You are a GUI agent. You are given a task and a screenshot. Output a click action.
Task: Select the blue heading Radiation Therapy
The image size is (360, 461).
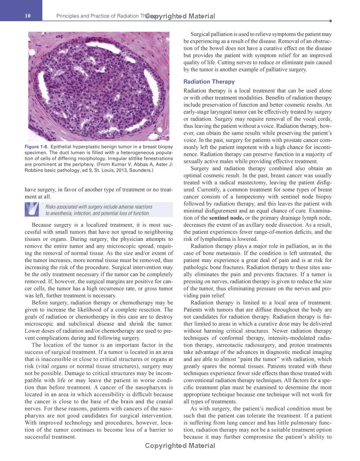pos(209,82)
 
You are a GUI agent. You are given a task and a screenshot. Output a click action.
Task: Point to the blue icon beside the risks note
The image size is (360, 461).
pos(34,209)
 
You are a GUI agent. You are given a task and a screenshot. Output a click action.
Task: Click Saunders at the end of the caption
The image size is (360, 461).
pos(140,171)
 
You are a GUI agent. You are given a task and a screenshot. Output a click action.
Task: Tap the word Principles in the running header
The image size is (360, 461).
pos(67,17)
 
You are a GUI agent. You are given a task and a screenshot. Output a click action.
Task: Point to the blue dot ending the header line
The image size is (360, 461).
pos(331,21)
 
